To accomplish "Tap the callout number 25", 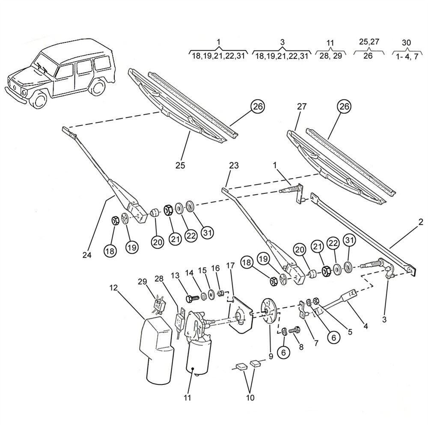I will (x=180, y=165).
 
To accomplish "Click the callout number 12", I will (x=113, y=288).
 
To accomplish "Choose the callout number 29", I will (x=142, y=281).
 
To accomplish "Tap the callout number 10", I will (x=250, y=398).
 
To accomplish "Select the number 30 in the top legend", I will (x=407, y=43).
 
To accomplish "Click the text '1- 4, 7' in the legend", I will (x=407, y=56).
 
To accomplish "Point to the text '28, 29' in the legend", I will (x=330, y=56).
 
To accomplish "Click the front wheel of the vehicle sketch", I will (x=40, y=100).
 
